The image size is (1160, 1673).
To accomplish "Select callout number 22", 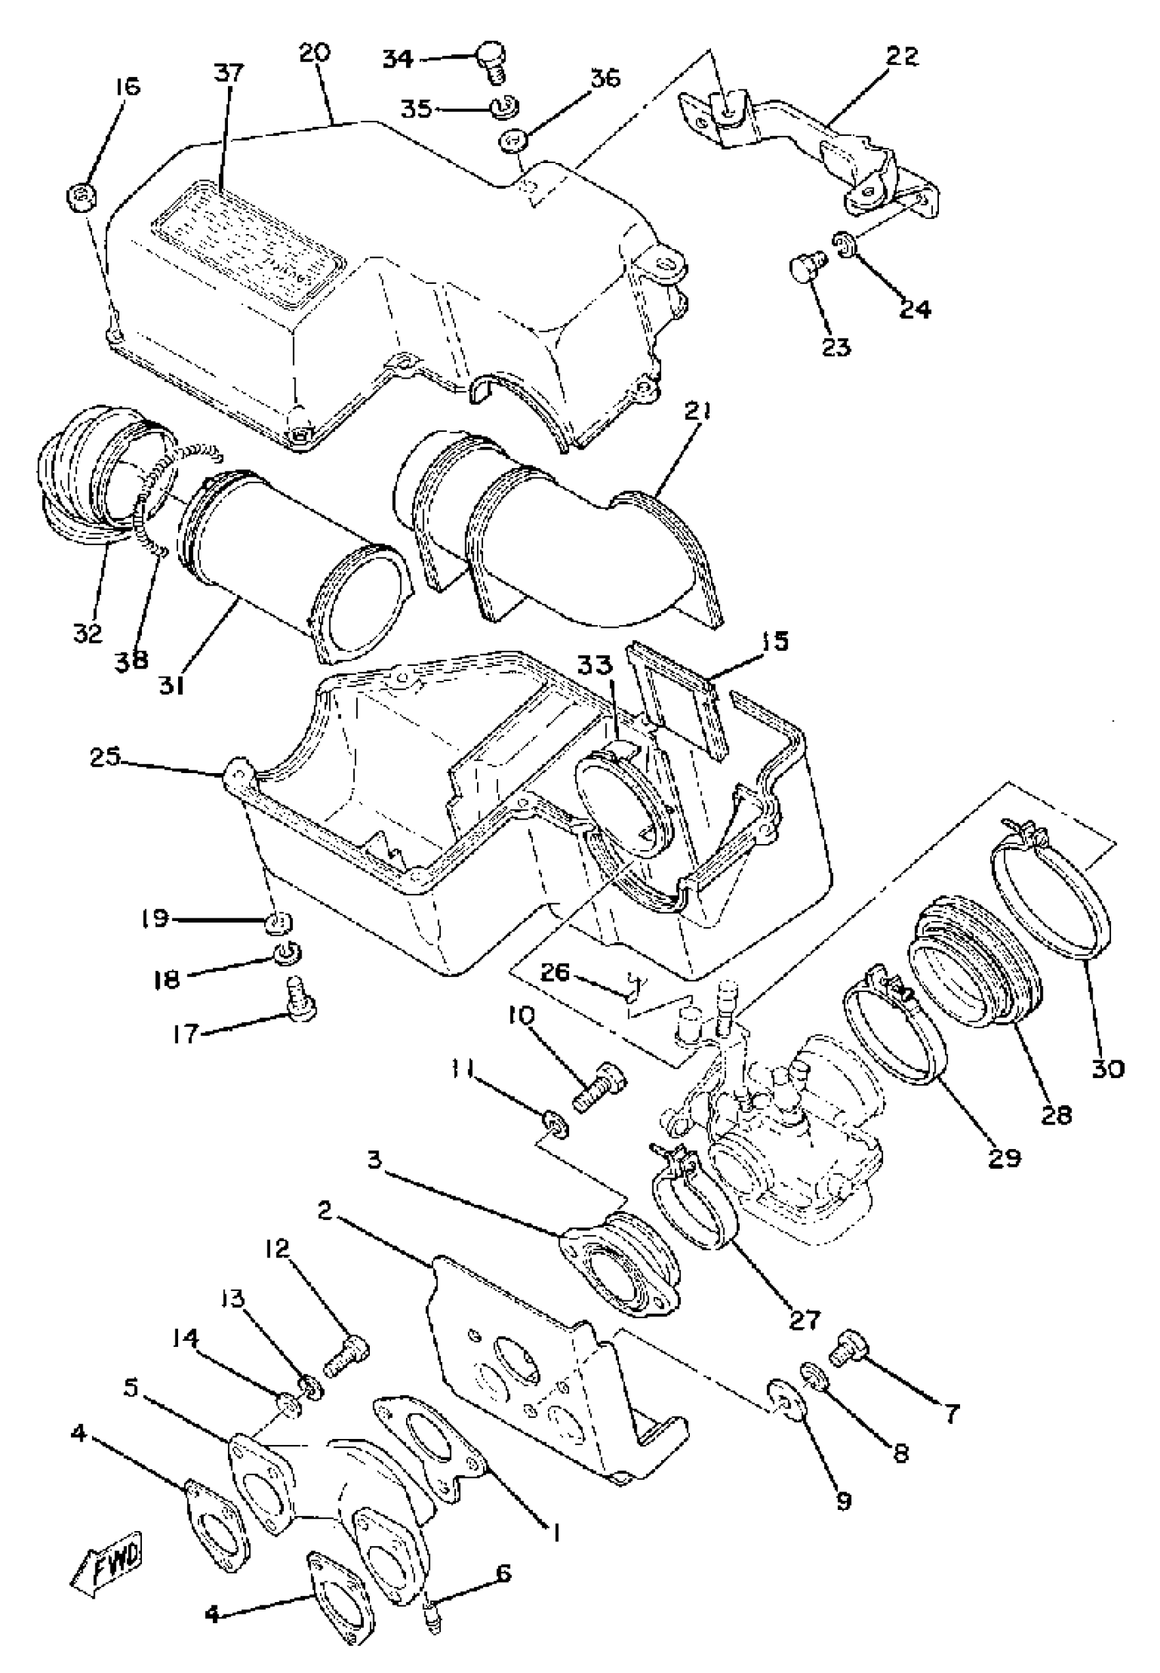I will click(x=902, y=57).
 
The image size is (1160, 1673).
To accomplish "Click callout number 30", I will click(x=1107, y=1068).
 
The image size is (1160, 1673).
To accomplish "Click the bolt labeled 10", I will click(x=601, y=1087).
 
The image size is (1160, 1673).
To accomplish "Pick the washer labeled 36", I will click(x=512, y=138).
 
